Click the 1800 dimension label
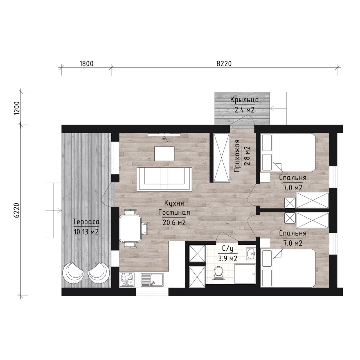pos(86,64)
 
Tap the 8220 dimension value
pos(224,64)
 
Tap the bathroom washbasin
pos(251,253)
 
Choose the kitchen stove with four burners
pos(128,279)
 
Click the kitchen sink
pos(152,280)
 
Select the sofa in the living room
pos(165,179)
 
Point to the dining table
pos(130,229)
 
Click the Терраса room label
pos(86,222)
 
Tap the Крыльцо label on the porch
pos(244,100)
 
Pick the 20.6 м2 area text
pos(174,222)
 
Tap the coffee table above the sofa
pos(165,154)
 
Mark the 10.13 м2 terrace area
pos(86,232)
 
